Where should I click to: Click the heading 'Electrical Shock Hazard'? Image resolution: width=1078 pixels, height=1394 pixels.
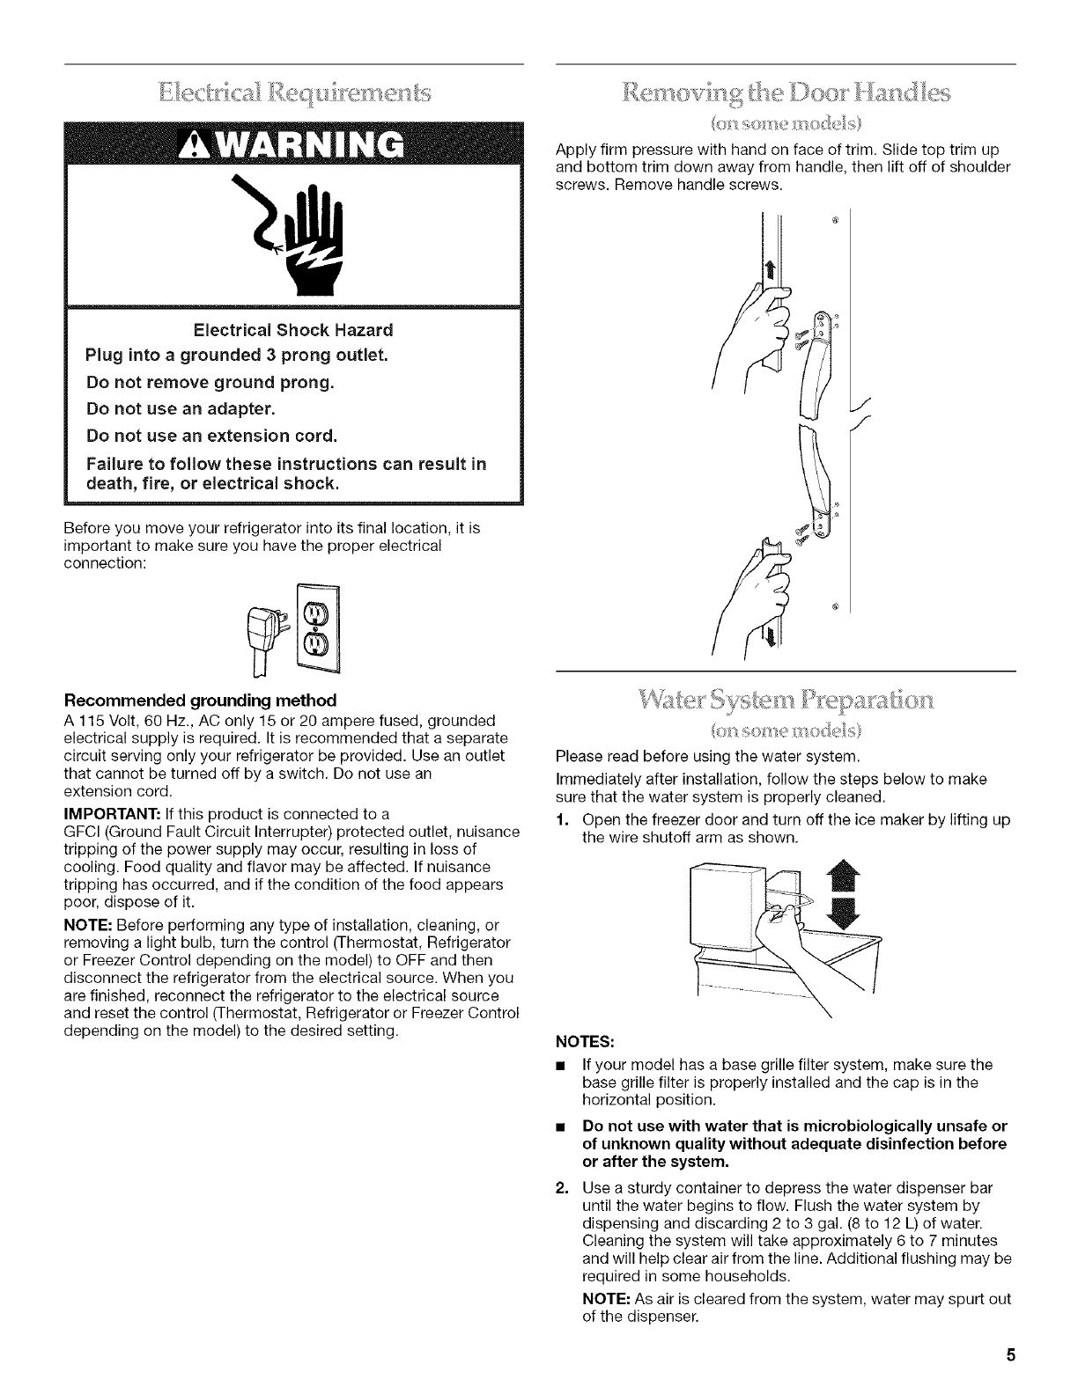(294, 330)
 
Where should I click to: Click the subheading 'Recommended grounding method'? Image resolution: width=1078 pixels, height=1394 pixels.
(200, 701)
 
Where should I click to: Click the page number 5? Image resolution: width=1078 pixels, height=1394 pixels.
(1011, 1354)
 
